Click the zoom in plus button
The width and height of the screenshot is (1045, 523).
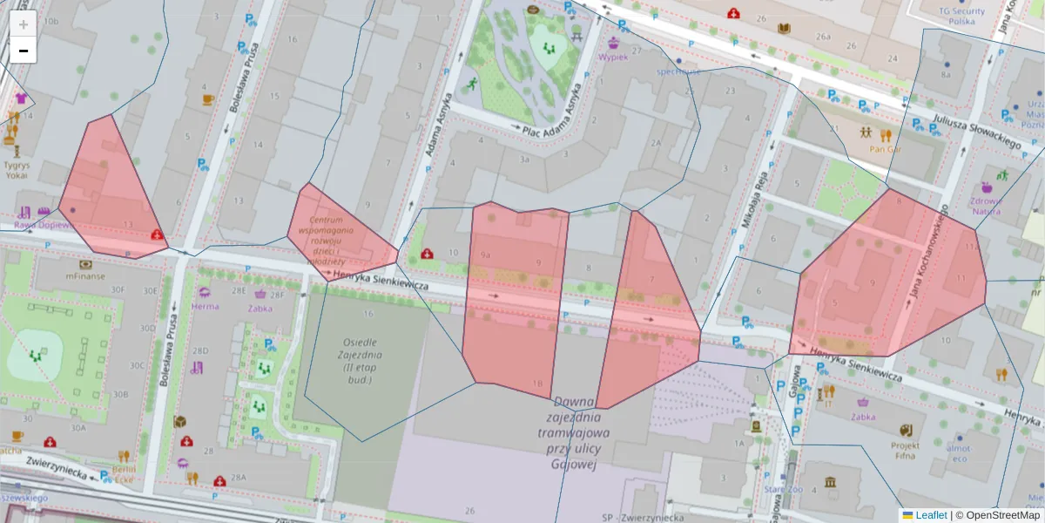[x=24, y=24]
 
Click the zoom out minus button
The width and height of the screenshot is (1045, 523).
[x=24, y=51]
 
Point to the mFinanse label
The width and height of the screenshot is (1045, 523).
[x=84, y=275]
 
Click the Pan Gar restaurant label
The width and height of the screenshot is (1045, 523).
[x=886, y=148]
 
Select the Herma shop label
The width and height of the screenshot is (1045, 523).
[x=205, y=306]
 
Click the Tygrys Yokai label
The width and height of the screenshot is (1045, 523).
[x=16, y=169]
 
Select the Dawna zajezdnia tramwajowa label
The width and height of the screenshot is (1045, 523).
[x=572, y=432]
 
